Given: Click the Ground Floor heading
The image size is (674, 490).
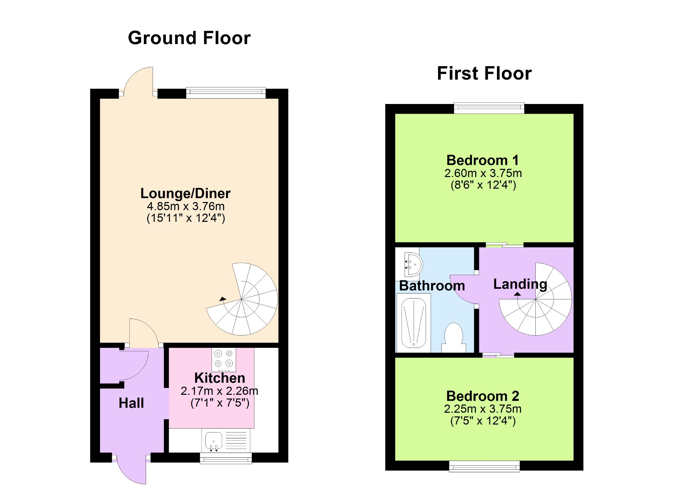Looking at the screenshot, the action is [189, 38].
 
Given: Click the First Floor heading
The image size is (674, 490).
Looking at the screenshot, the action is [484, 73].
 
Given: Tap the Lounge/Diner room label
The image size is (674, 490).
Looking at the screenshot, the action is [186, 193].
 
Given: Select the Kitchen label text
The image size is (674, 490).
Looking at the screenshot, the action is [220, 378].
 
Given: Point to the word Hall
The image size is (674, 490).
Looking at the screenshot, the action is [131, 403].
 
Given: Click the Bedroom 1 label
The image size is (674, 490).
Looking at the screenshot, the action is [483, 160].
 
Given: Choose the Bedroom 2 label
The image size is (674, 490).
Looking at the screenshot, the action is [483, 396].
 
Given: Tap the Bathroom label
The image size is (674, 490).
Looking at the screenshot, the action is [432, 286].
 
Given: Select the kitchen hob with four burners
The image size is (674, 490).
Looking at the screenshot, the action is [224, 359].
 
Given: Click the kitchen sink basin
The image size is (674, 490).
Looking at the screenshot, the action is [214, 441].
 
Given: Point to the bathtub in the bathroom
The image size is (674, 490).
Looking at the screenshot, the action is [414, 323].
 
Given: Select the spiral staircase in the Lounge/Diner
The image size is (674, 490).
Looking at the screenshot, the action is [242, 299].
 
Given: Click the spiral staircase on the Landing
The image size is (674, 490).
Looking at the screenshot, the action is [535, 299].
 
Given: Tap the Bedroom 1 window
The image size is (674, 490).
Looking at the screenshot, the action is [489, 108].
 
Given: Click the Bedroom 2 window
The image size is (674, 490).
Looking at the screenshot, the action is [484, 466].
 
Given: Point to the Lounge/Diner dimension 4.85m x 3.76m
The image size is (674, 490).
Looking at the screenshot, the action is [186, 206].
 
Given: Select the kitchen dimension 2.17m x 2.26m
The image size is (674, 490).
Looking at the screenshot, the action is [220, 391].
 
